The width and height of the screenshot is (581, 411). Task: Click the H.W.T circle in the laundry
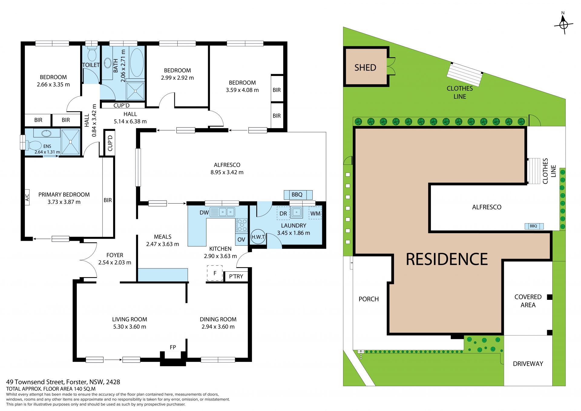[x=258, y=237]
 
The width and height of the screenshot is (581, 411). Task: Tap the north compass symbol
[x=563, y=23]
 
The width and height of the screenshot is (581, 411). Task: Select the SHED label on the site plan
[x=365, y=68]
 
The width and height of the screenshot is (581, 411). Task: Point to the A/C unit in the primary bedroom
[x=27, y=197]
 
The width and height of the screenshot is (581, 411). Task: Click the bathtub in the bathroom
[x=137, y=63]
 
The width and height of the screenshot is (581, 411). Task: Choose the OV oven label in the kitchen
[x=241, y=240]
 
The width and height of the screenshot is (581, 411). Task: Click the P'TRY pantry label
[x=236, y=276]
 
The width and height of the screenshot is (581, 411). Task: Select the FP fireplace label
[x=173, y=347]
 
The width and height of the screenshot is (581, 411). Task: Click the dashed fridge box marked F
[x=215, y=273]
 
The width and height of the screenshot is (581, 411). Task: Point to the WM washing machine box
[x=315, y=213]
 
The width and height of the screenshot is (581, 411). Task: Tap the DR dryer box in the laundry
[x=283, y=213]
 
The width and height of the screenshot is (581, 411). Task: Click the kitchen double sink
[x=226, y=212]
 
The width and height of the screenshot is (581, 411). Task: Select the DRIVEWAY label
[x=528, y=363]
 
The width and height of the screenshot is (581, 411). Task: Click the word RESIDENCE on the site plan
[x=447, y=259]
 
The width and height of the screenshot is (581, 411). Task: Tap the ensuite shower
[x=71, y=142]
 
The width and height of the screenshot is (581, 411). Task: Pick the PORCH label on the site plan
[x=369, y=299]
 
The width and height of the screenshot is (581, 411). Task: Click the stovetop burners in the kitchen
[x=242, y=225]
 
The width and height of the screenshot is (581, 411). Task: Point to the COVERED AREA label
[x=528, y=301]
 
